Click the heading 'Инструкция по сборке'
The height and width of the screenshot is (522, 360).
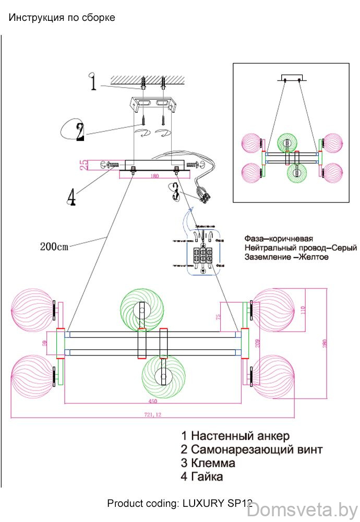coord(62,18)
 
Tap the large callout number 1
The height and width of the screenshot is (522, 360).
coord(93,82)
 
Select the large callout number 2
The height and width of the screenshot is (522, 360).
coord(80,132)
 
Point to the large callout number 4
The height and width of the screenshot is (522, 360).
coord(72,197)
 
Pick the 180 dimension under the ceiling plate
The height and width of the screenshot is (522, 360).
coord(154,176)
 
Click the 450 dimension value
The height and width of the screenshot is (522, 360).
coord(152,401)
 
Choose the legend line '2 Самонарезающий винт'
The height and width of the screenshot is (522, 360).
coord(251,449)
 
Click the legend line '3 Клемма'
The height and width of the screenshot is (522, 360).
coord(208,463)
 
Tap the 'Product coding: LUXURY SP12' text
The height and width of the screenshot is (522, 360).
coord(179,504)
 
